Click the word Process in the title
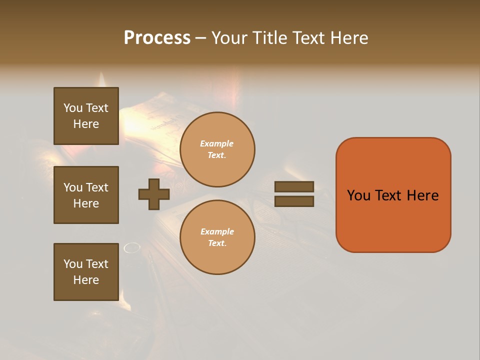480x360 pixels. point(157,37)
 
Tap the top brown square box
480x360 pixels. point(86,116)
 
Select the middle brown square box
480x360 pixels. point(86,195)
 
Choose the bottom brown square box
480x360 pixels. point(86,272)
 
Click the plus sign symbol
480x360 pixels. point(153,194)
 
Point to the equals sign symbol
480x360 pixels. point(294,194)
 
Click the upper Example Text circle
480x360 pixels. point(217,149)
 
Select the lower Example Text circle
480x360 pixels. point(217,237)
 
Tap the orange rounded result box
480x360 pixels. point(393,195)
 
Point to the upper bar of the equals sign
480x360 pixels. point(294,187)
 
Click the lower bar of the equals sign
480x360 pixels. point(294,201)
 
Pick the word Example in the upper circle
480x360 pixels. point(217,143)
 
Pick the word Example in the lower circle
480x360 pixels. point(217,231)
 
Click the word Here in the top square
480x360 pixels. point(86,124)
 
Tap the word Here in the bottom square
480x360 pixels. point(86,280)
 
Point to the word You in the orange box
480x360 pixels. point(358,195)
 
